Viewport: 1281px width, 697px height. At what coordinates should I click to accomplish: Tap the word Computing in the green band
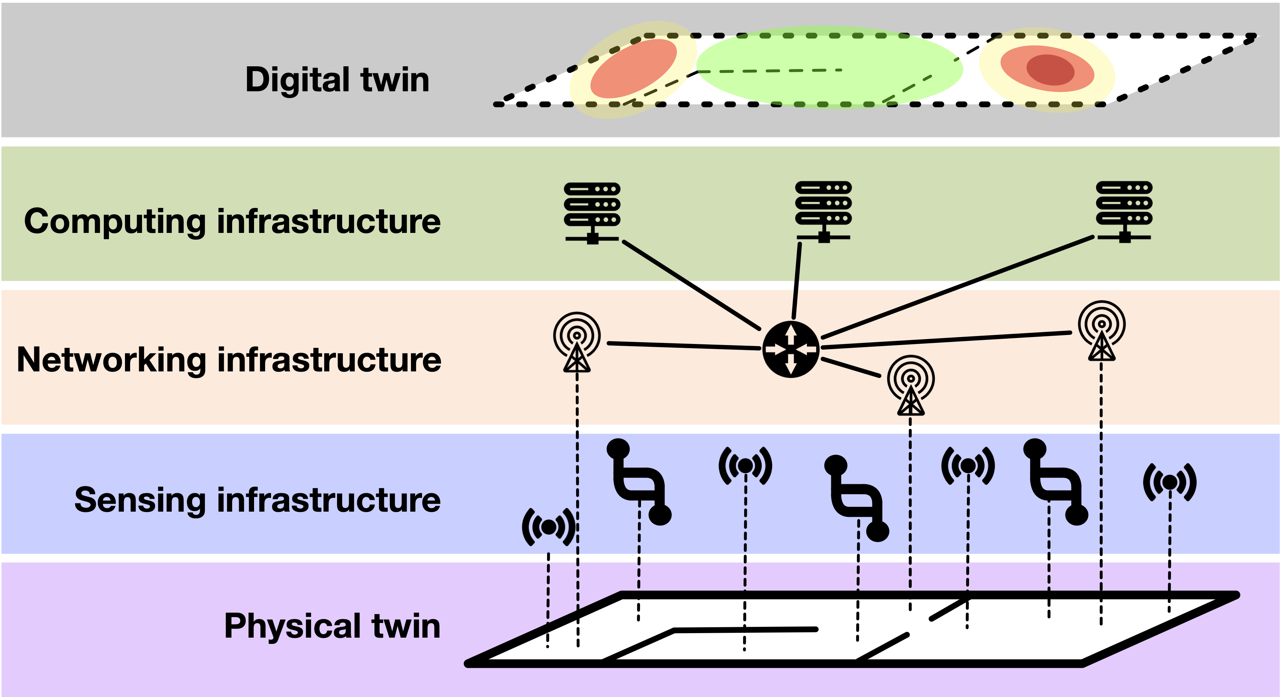point(115,222)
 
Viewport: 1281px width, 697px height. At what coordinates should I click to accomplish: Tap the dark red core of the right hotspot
point(1050,70)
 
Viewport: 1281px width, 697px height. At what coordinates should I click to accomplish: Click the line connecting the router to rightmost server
point(957,287)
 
